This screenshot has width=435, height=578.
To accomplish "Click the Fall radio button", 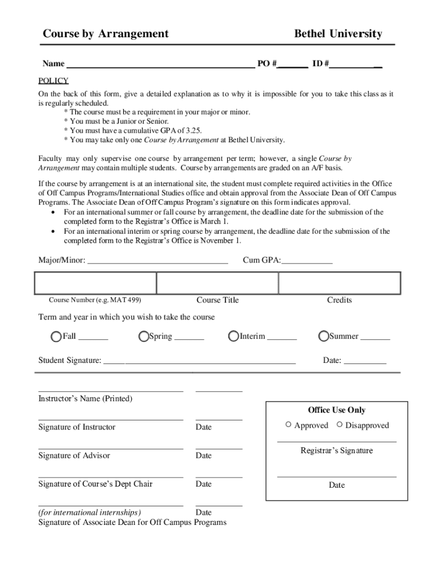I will click(56, 337).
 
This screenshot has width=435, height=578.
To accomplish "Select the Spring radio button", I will click(144, 337).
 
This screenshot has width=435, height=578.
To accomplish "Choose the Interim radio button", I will click(233, 337).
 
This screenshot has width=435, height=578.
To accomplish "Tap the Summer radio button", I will click(324, 337).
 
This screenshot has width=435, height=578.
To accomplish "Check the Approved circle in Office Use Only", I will click(289, 424).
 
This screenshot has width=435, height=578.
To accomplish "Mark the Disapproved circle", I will click(340, 424).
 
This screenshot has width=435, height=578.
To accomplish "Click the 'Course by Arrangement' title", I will click(106, 34).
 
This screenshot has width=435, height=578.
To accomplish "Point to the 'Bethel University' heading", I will click(338, 34).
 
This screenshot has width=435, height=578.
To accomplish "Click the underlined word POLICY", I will click(53, 81).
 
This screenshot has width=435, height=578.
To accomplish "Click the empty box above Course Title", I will click(217, 283).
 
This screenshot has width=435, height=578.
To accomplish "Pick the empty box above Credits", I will click(340, 283).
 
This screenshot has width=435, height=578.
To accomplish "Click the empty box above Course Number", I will click(95, 283).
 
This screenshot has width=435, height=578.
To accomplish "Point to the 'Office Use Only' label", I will click(337, 410).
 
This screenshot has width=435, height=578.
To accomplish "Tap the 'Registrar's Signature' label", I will click(337, 450).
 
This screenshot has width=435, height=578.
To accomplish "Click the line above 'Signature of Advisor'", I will click(111, 449).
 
